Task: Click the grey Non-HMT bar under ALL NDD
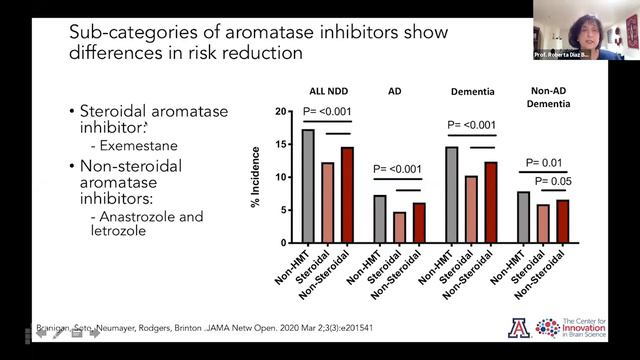coord(308,186)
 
